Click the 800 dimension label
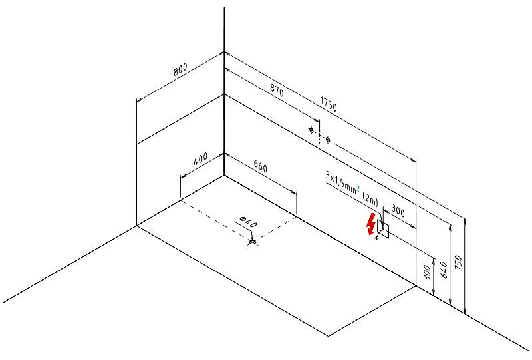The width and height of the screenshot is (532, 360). point(180,70)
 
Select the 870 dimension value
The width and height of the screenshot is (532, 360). point(277,90)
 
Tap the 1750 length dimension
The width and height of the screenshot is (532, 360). point(329,104)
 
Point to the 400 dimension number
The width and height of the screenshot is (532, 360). point(200,159)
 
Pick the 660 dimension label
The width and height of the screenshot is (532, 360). point(260,166)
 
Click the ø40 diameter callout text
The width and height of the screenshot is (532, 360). point(248,222)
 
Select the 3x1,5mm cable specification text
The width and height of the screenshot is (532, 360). point(340,183)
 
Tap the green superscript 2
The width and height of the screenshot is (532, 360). point(358,189)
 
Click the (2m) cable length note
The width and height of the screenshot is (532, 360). point(370,200)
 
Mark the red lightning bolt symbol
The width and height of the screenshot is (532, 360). point(372,224)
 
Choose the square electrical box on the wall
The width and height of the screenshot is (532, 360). point(383,228)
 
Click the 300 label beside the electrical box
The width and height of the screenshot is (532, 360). point(398,210)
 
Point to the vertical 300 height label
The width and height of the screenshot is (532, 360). point(428,273)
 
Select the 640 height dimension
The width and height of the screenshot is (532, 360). point(444,270)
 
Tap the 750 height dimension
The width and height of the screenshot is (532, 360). point(458,263)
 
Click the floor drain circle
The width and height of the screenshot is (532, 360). point(253,242)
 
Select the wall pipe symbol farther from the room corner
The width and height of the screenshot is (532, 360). point(328,140)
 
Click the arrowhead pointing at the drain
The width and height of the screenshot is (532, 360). point(252,238)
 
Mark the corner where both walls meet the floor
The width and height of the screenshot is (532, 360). point(224,175)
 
